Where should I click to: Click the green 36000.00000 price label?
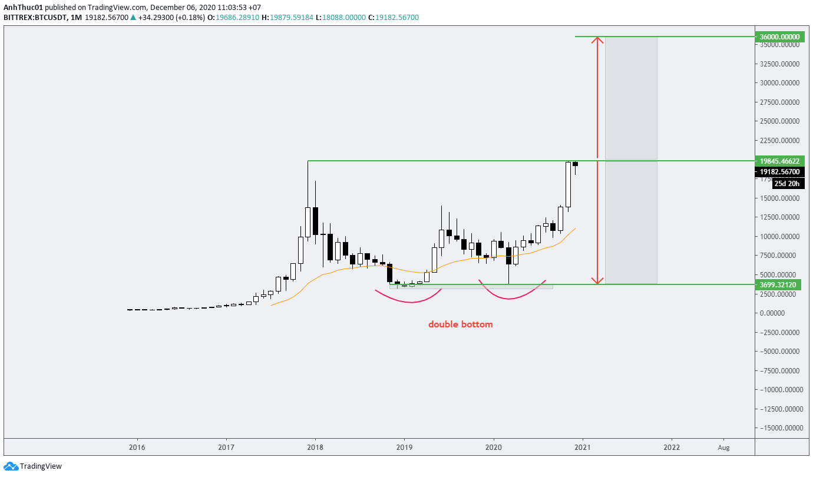pyautogui.click(x=779, y=37)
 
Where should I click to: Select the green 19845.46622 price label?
pyautogui.click(x=779, y=160)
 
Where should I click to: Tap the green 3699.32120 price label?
pyautogui.click(x=779, y=284)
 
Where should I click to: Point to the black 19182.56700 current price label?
pyautogui.click(x=779, y=172)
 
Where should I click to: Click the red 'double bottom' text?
pyautogui.click(x=460, y=324)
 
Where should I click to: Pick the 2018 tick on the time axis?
pyautogui.click(x=315, y=448)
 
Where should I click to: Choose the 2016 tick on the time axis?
pyautogui.click(x=137, y=448)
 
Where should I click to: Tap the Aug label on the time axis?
pyautogui.click(x=723, y=448)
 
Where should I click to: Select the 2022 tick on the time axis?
pyautogui.click(x=671, y=448)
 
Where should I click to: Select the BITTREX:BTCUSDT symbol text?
pyautogui.click(x=34, y=18)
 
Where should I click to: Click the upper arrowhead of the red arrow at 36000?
pyautogui.click(x=598, y=39)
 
